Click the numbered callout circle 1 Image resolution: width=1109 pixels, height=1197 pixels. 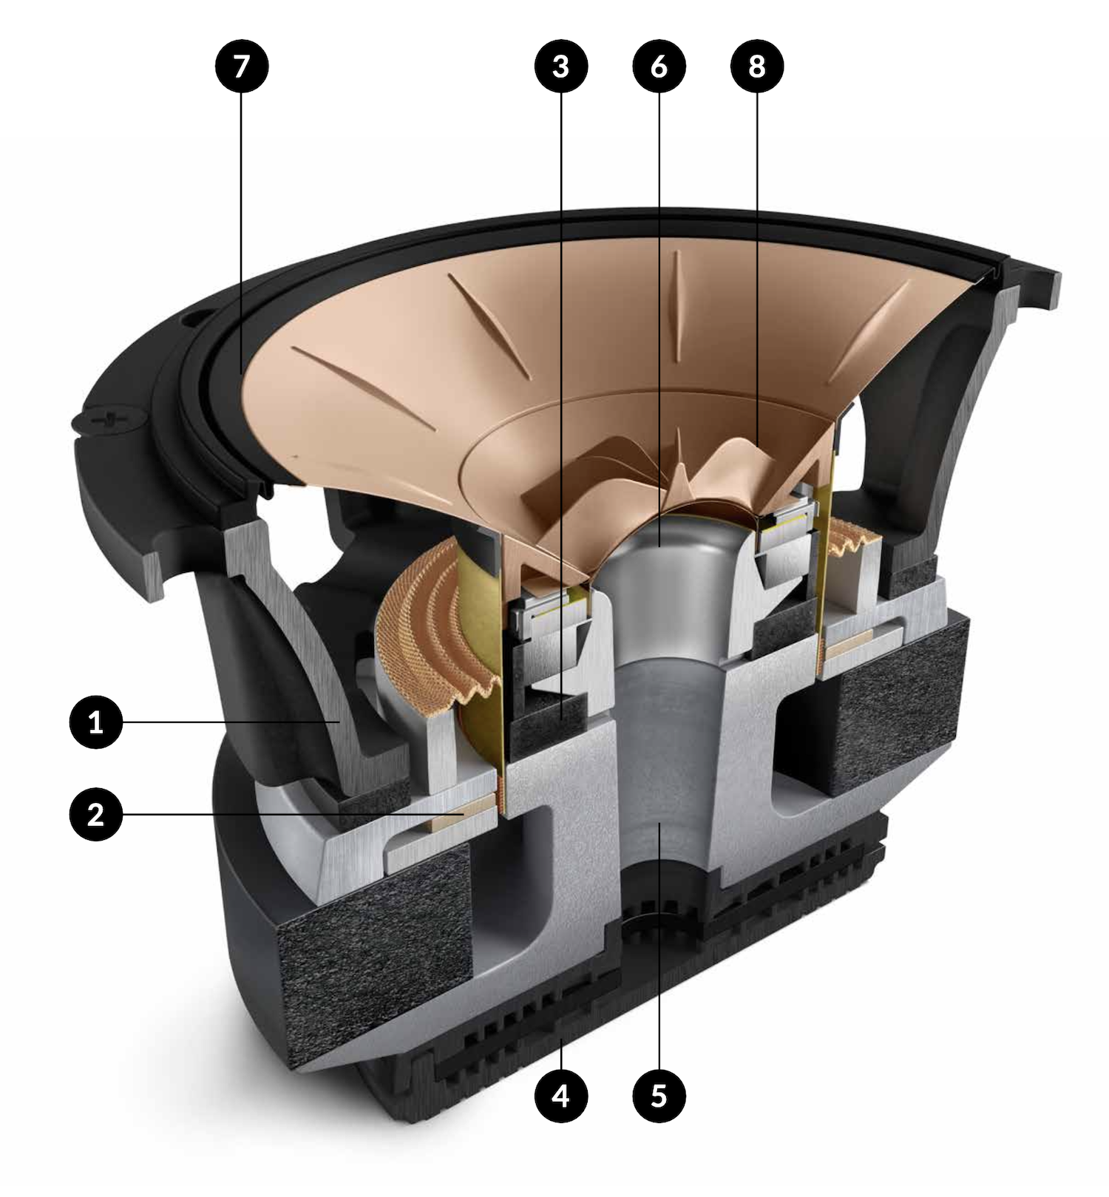coord(96,722)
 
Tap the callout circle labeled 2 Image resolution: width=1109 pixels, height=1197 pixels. coord(96,814)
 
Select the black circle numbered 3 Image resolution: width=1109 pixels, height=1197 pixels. coord(561,66)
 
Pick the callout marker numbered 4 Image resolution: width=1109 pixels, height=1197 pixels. coord(561,1095)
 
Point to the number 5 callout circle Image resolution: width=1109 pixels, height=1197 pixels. coord(659,1095)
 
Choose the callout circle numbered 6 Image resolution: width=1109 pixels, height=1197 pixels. coord(659,66)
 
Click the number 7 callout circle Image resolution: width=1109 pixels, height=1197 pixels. coord(241,66)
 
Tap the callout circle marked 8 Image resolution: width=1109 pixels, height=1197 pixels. coord(756,66)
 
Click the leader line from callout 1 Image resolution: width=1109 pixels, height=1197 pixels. coord(231,722)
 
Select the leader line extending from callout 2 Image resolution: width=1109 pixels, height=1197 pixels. coord(294,814)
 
